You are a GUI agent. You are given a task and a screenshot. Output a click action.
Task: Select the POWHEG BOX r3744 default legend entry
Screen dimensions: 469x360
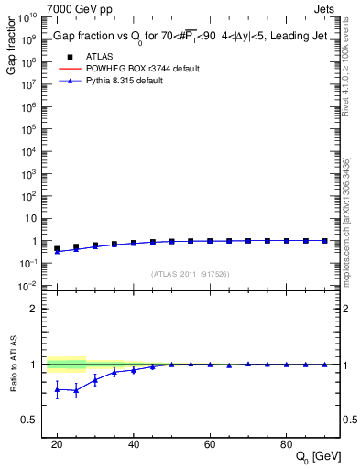click(137, 69)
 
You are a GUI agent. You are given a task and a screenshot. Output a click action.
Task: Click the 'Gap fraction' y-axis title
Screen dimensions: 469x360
click(11, 45)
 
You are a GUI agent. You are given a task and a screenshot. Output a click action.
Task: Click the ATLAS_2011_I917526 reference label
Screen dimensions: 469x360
click(191, 273)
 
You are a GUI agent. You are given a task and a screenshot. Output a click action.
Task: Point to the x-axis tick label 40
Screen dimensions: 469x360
click(133, 443)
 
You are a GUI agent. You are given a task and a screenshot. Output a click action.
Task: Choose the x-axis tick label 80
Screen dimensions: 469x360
click(287, 443)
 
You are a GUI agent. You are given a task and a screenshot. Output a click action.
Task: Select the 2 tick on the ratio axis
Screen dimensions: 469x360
click(34, 309)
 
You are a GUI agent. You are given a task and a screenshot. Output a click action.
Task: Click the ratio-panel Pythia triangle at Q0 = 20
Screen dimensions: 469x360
click(57, 389)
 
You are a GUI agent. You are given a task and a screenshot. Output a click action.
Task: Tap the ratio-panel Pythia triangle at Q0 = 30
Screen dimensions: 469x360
click(95, 379)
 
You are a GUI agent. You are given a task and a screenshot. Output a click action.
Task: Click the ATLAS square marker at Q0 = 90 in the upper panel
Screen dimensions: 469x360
click(324, 240)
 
